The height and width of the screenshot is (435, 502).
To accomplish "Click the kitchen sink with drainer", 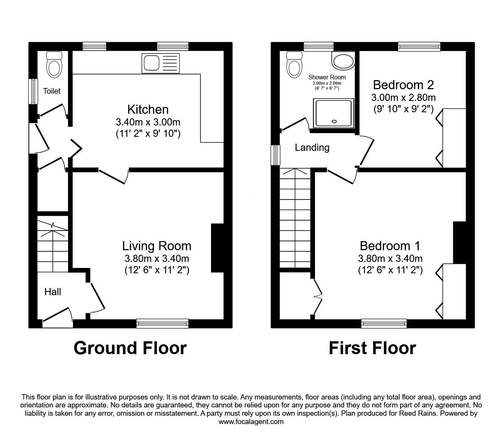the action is (x=161, y=63).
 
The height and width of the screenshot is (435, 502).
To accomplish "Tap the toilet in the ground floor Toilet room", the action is (x=54, y=65).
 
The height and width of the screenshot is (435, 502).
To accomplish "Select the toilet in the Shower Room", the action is (x=294, y=65).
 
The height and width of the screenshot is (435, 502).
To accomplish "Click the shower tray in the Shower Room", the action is (x=333, y=113).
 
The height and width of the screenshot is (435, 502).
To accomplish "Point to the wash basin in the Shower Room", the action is (x=343, y=60).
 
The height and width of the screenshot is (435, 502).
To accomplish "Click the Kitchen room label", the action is (x=148, y=110).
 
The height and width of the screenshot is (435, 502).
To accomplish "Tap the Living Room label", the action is (x=156, y=246).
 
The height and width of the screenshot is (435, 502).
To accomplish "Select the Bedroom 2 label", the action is (x=403, y=85).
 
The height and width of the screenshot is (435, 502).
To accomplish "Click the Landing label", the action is (x=312, y=148).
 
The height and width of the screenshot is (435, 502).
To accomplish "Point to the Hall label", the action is (x=53, y=292).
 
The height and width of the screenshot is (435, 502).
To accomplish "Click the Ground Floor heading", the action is (x=130, y=348).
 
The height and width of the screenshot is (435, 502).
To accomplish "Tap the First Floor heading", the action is (x=372, y=348).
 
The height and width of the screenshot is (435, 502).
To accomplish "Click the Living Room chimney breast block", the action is (x=217, y=248).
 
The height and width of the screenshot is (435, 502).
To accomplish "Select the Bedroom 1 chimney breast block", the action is (x=460, y=242).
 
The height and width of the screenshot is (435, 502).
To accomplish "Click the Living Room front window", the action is (x=163, y=323).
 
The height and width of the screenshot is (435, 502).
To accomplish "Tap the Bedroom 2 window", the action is (x=419, y=46).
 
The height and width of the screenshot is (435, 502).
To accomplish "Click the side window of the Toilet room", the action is (x=33, y=91).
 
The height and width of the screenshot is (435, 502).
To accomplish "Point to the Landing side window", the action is (x=276, y=155).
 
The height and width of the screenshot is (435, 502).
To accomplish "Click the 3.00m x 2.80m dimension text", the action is (x=403, y=98).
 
